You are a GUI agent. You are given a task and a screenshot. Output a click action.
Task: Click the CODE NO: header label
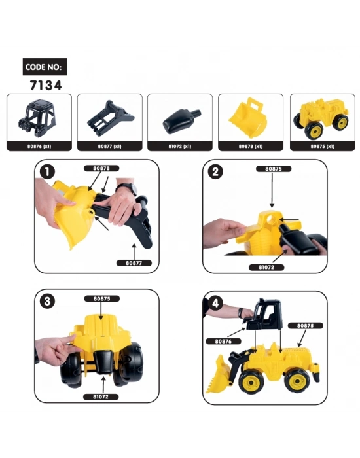tap(44, 67)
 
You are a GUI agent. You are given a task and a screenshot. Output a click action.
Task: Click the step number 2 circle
tap(217, 172)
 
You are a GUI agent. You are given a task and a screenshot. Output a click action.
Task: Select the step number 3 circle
tap(47, 302)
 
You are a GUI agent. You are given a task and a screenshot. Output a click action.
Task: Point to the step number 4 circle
tap(217, 303)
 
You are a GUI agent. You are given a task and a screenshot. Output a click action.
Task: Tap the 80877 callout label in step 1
tap(134, 263)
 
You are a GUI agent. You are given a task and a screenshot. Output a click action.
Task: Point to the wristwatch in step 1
tap(128, 189)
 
